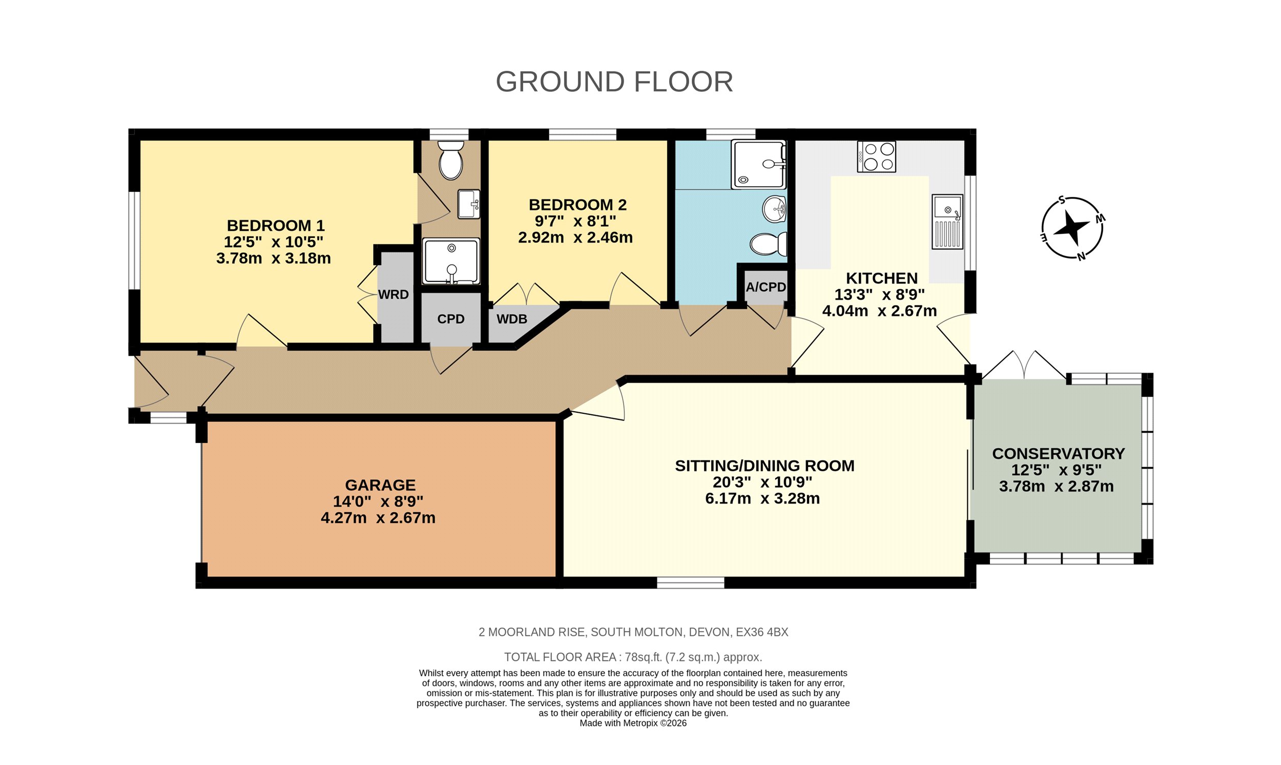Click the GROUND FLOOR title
point(614,82)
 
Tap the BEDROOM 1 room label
point(276,225)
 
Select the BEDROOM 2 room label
point(577,205)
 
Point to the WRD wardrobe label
point(394,294)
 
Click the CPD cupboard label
point(451,319)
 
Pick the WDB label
point(511,319)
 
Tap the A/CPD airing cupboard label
point(766,287)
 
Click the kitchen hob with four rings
point(876,157)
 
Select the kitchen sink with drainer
point(947,221)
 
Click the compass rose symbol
point(1072,227)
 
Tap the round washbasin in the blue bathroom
point(774,209)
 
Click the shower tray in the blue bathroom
point(759,165)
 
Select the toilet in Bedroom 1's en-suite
point(451,160)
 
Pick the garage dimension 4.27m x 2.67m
point(378,517)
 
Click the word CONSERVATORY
point(1058,454)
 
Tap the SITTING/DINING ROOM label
point(765,466)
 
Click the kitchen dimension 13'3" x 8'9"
point(879,294)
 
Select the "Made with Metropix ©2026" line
point(633,723)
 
